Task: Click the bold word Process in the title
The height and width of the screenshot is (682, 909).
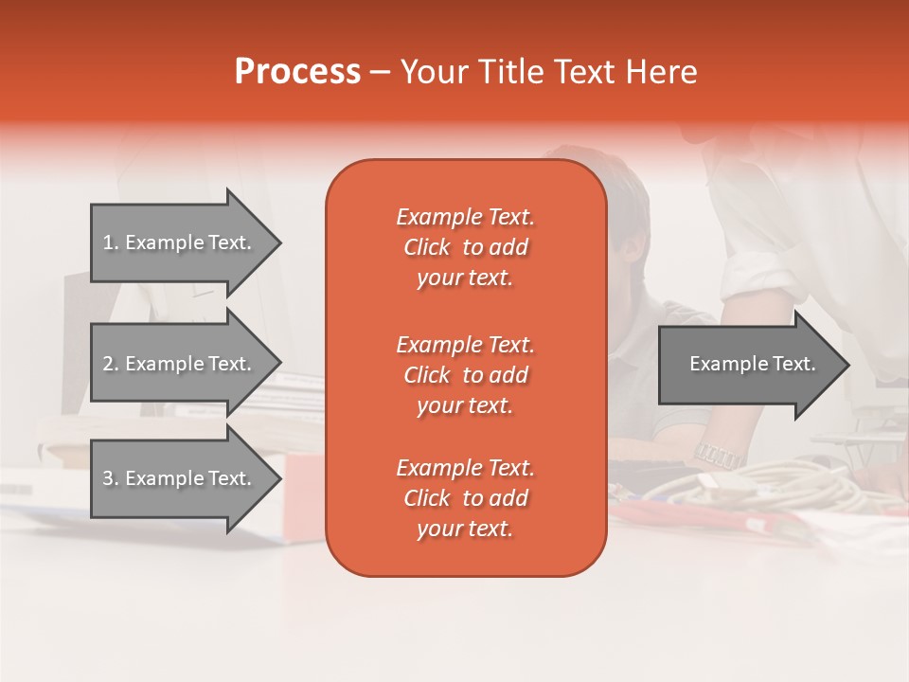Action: (297, 72)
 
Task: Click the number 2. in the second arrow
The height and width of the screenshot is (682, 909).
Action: (111, 364)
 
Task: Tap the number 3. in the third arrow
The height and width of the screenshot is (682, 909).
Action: (111, 478)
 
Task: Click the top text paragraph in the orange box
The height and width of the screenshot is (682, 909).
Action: (465, 247)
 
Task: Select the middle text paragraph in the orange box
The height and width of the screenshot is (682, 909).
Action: (465, 374)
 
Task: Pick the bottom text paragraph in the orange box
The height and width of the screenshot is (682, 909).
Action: (465, 498)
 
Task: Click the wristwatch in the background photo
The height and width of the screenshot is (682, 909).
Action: (719, 455)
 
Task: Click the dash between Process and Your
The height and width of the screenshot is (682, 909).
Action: (381, 73)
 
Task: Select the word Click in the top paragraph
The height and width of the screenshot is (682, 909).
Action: (427, 247)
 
